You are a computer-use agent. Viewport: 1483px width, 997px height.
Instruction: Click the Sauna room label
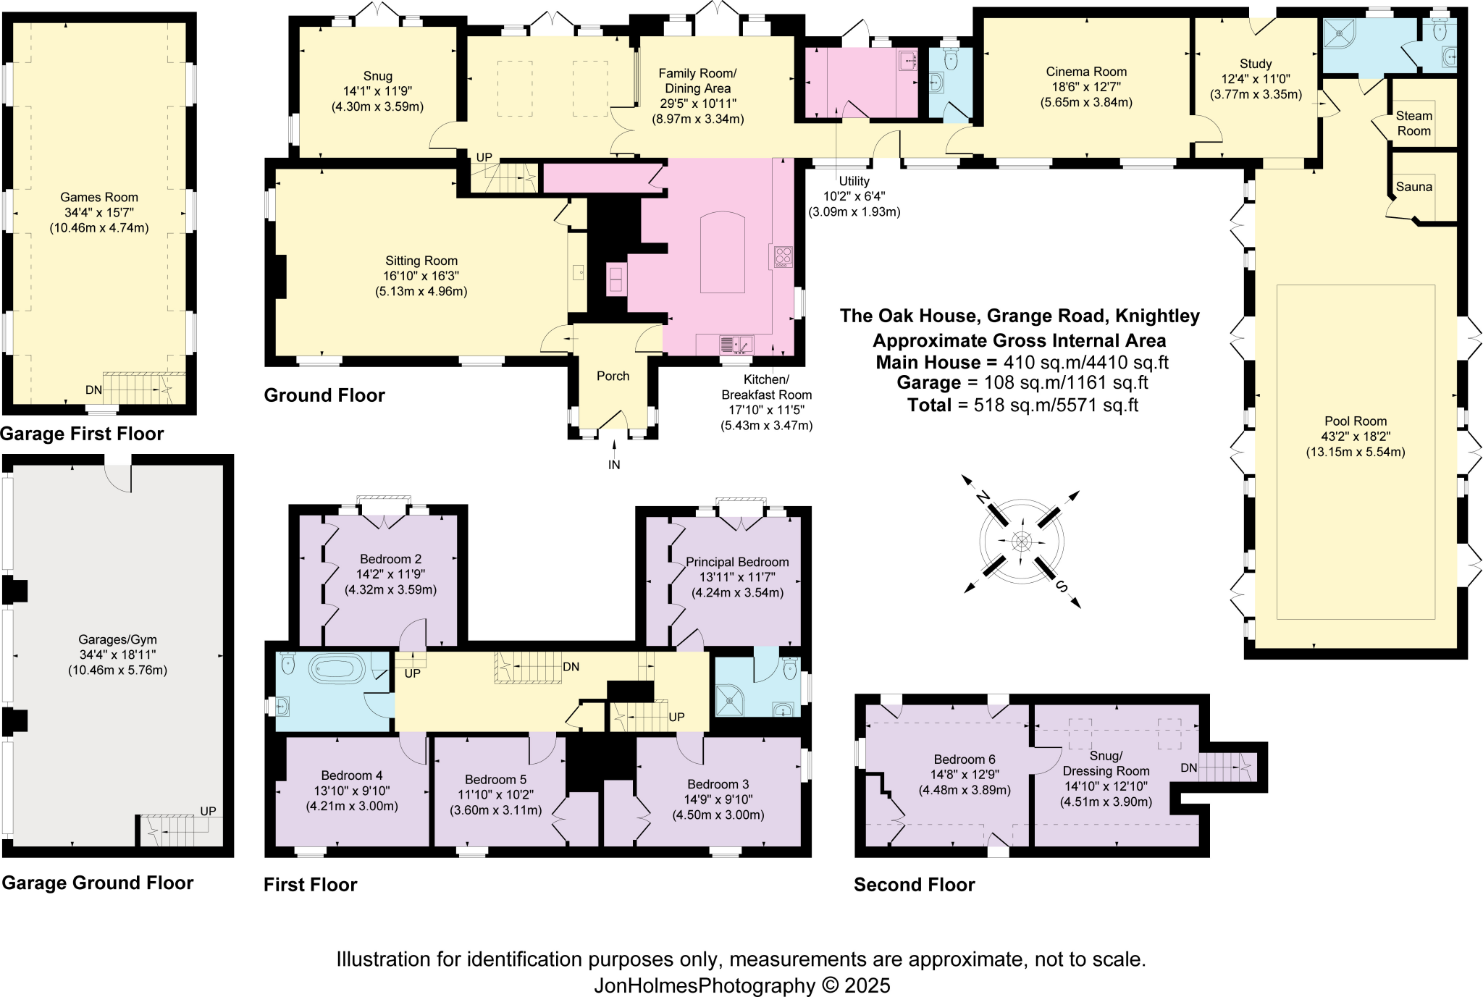pos(1413,187)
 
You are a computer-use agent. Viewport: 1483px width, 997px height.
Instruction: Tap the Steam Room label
pos(1413,123)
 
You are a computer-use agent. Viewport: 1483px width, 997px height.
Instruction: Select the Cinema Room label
pos(1086,72)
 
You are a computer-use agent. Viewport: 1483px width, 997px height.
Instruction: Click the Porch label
pos(613,376)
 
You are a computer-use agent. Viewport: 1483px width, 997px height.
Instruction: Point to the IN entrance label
pos(614,465)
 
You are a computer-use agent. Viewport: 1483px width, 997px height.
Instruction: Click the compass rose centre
pos(1022,541)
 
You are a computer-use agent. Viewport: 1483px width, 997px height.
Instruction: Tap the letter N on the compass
pos(982,497)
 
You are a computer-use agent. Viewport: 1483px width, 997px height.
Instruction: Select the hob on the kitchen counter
pos(783,256)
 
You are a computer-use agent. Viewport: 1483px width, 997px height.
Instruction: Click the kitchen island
pos(722,253)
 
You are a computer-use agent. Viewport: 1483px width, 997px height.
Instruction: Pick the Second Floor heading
pos(914,885)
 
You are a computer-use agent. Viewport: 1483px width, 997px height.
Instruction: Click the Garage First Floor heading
pos(82,434)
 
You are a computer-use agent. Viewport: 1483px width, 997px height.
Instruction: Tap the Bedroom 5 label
pos(495,780)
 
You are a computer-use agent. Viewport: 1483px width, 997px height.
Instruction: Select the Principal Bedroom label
pos(737,562)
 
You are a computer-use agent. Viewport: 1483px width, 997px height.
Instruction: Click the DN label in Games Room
pos(93,390)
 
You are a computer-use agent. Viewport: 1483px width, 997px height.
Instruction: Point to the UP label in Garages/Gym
pos(208,811)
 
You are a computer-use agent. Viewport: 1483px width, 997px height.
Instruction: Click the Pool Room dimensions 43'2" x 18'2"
pos(1356,437)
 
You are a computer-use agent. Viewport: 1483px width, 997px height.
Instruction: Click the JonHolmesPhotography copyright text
pos(742,985)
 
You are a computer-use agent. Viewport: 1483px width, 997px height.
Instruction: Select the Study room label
pos(1256,64)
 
